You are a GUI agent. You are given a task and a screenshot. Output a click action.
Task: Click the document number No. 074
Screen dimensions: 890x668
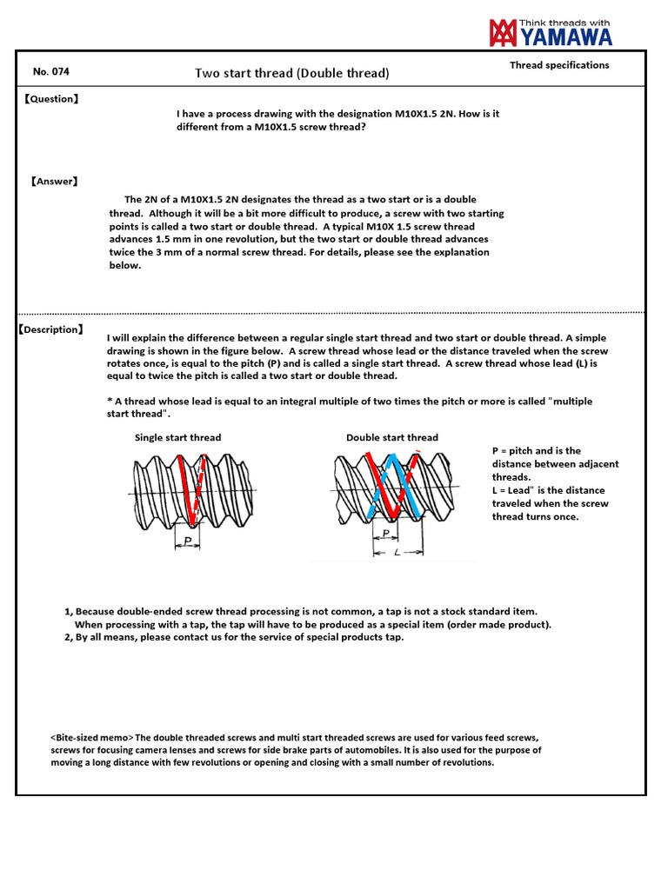(50, 72)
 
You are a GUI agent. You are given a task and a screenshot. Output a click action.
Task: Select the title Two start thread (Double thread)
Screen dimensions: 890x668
(292, 73)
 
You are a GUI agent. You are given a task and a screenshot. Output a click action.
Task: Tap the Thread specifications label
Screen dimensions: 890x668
(559, 65)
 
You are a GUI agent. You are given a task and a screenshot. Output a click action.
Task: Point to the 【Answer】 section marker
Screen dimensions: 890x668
(55, 182)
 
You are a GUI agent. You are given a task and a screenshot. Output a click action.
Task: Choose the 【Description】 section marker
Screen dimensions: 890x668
(50, 329)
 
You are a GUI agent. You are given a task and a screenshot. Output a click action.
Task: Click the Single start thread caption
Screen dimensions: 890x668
(177, 437)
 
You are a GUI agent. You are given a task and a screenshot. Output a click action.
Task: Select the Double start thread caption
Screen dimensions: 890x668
(391, 437)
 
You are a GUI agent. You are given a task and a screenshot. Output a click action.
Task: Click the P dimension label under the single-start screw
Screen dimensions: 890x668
(187, 541)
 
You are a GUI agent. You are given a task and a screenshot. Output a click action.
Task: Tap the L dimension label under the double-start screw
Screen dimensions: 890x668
(397, 552)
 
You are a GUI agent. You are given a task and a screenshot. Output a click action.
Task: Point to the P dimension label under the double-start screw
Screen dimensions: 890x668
(385, 535)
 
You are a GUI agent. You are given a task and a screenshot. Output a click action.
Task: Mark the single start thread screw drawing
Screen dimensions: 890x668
(194, 490)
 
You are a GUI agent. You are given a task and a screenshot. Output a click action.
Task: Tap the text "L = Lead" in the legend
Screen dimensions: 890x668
(512, 490)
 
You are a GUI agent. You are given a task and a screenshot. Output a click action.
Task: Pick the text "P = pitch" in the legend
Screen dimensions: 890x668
(511, 451)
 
